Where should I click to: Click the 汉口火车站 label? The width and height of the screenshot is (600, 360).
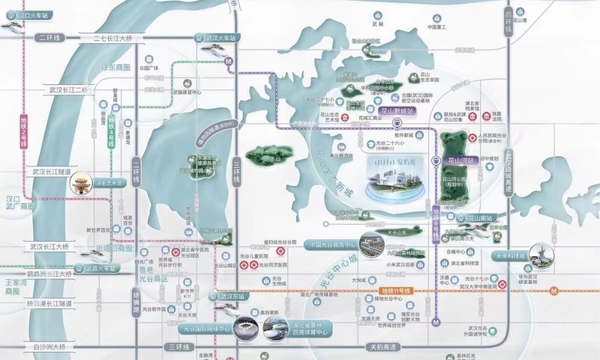click(x=24, y=15)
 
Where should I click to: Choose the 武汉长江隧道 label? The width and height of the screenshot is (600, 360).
click(x=50, y=171)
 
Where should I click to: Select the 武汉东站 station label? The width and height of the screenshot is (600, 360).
click(x=229, y=297)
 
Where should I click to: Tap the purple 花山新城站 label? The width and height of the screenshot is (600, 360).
click(x=395, y=113)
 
